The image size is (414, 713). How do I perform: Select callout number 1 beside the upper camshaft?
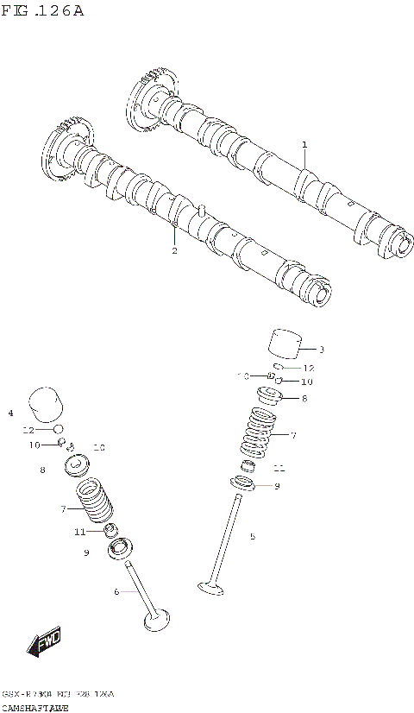tap(304, 144)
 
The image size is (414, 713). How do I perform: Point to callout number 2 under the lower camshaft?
tap(174, 251)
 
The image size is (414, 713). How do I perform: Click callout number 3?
tap(322, 350)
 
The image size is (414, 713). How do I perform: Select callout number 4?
tap(10, 413)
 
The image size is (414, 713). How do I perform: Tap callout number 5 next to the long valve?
tap(253, 537)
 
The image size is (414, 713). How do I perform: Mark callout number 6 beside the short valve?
tap(116, 591)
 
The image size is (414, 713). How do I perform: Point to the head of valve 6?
tap(156, 619)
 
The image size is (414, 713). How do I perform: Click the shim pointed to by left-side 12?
tap(58, 429)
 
